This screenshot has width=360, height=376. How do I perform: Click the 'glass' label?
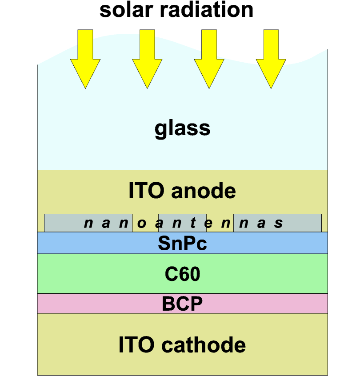tap(182, 128)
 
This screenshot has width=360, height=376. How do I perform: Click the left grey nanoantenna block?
tap(88, 223)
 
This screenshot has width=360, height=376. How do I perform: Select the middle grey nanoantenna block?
tap(182, 223)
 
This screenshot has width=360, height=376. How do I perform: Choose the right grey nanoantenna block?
tap(277, 223)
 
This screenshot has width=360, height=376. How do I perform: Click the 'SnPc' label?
tap(182, 244)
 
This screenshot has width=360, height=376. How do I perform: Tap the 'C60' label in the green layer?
tap(182, 274)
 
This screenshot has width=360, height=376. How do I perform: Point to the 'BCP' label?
tap(182, 304)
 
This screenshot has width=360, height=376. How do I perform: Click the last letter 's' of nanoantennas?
tap(279, 223)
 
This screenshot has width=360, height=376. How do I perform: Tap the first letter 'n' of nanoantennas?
tap(88, 223)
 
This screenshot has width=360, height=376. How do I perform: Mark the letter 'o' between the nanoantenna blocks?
tap(141, 223)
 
